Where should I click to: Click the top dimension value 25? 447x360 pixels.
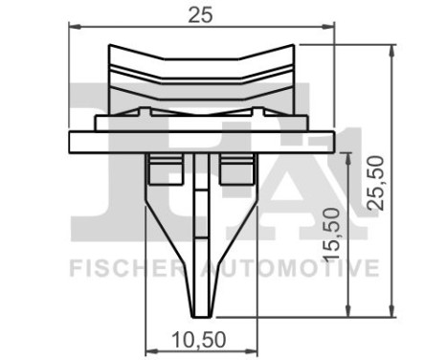point(201,14)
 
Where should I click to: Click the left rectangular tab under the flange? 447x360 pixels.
point(159,171)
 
